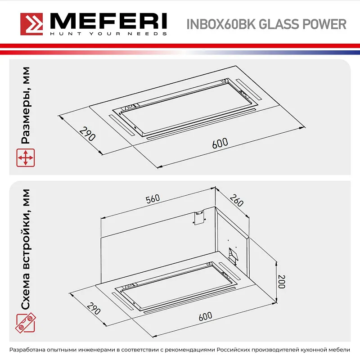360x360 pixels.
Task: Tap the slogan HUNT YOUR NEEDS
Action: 108,34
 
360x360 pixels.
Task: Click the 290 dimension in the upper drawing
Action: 87,134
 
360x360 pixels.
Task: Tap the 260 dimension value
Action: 237,201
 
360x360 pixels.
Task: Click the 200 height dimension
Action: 281,281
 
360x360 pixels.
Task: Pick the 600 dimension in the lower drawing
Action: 205,316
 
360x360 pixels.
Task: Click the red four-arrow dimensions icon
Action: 26,158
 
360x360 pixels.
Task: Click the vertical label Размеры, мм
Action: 26,106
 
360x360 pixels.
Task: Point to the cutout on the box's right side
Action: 233,255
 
